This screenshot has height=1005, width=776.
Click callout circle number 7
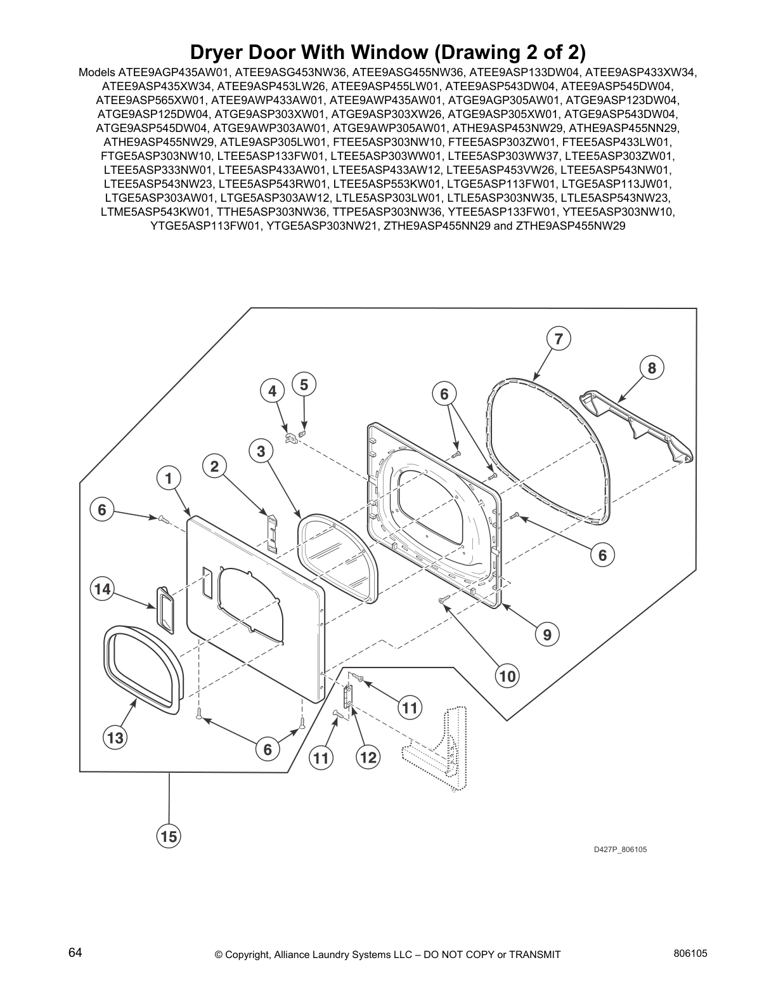coord(558,339)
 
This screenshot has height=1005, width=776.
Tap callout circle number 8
coord(651,367)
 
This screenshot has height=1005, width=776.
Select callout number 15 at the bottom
coord(169,837)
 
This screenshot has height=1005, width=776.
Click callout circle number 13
coord(115,738)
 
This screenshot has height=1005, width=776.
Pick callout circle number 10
coord(507,676)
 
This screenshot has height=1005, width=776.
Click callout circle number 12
coord(368,757)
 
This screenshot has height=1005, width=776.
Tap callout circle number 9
coord(546,634)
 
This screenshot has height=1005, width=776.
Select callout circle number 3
coord(261,451)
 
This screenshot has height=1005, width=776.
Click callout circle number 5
coord(304,384)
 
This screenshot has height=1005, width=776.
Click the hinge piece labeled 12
coord(347,697)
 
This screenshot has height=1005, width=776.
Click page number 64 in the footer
coord(75,952)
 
